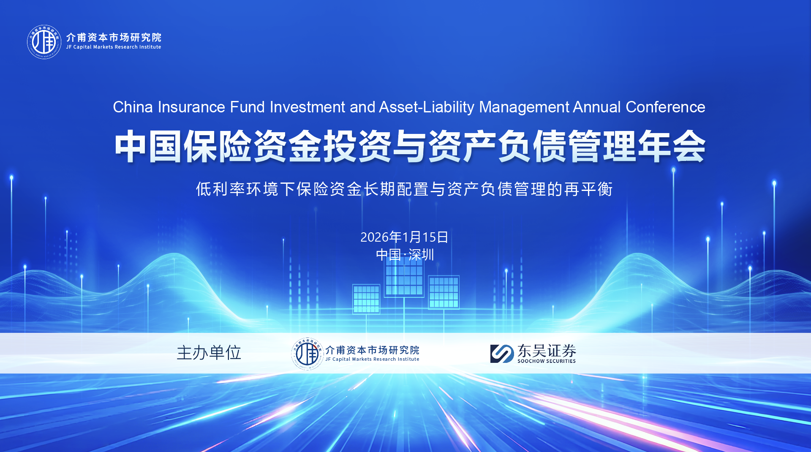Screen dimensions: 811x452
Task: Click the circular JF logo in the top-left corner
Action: pyautogui.click(x=44, y=42)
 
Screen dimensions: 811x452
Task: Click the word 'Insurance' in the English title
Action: pyautogui.click(x=191, y=107)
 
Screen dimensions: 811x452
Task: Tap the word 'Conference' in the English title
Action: pyautogui.click(x=665, y=107)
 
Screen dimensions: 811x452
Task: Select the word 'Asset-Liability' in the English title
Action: pyautogui.click(x=427, y=108)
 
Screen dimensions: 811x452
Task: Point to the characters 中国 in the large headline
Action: pyautogui.click(x=149, y=146)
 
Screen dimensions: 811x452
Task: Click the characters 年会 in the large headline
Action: pyautogui.click(x=672, y=146)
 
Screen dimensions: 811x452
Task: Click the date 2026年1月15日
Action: pyautogui.click(x=404, y=237)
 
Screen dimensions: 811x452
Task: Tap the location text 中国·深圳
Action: pyautogui.click(x=405, y=255)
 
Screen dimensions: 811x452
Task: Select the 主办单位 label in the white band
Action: pyautogui.click(x=209, y=353)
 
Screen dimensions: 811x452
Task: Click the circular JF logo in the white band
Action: pyautogui.click(x=308, y=354)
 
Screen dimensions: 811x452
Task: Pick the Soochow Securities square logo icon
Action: pyautogui.click(x=502, y=354)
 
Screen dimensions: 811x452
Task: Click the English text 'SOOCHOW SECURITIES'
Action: pyautogui.click(x=547, y=361)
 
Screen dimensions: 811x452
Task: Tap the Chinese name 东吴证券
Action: pyautogui.click(x=547, y=351)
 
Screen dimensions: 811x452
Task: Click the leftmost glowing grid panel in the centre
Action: pyautogui.click(x=366, y=299)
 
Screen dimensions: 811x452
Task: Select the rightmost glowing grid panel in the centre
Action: pyautogui.click(x=444, y=292)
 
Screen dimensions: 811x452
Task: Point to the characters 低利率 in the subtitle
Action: pyautogui.click(x=220, y=189)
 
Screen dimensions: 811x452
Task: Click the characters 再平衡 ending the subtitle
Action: pyautogui.click(x=588, y=189)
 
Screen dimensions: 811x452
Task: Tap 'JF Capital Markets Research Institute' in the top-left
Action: pyautogui.click(x=114, y=47)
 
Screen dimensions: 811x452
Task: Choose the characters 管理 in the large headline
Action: pyautogui.click(x=602, y=146)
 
